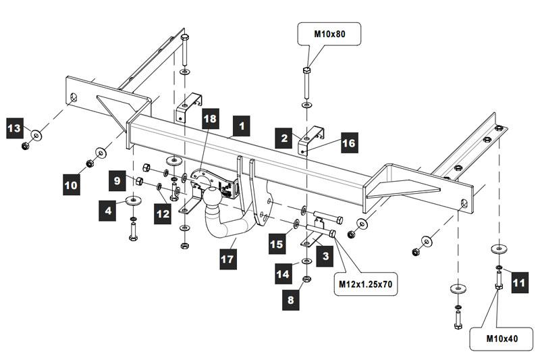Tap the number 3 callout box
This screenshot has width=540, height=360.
point(326,256)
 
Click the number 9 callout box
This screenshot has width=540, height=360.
point(117,180)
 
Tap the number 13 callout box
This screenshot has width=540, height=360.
point(15,126)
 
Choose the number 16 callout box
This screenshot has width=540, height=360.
point(348,143)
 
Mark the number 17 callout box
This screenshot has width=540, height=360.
point(224,257)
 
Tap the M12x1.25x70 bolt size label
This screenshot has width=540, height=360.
point(366,284)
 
